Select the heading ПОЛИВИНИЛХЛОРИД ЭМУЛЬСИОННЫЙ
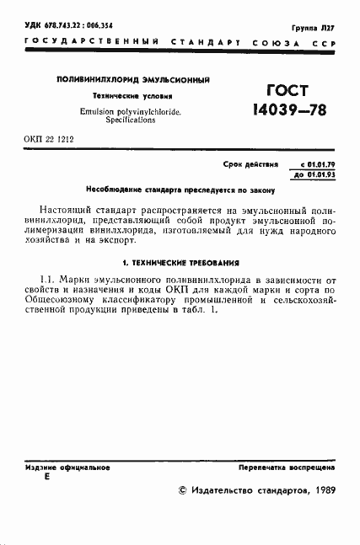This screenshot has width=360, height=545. click(x=132, y=80)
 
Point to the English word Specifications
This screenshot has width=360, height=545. click(x=132, y=120)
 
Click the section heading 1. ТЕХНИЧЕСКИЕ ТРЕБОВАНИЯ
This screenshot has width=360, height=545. click(x=180, y=263)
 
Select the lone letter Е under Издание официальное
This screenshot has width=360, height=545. click(x=46, y=476)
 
